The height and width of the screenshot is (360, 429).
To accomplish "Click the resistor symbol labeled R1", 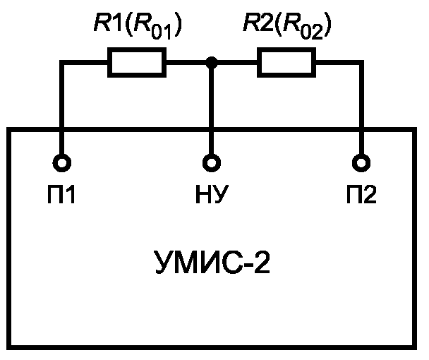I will click(x=137, y=63).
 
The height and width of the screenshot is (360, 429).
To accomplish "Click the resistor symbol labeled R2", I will click(x=286, y=63).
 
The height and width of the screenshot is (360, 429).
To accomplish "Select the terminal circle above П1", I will click(x=62, y=163).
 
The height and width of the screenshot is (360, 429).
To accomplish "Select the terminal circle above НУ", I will click(x=211, y=163).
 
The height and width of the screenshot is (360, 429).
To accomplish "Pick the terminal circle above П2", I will click(x=362, y=163).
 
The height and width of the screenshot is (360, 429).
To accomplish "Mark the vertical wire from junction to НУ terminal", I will click(x=211, y=109).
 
